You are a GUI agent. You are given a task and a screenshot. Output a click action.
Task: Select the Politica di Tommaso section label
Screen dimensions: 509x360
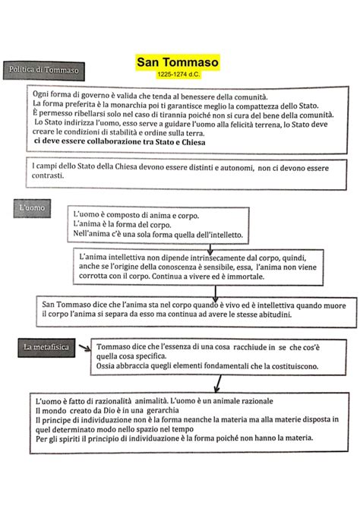tap(43, 71)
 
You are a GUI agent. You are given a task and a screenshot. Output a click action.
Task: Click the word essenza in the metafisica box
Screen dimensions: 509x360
tap(175, 347)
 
